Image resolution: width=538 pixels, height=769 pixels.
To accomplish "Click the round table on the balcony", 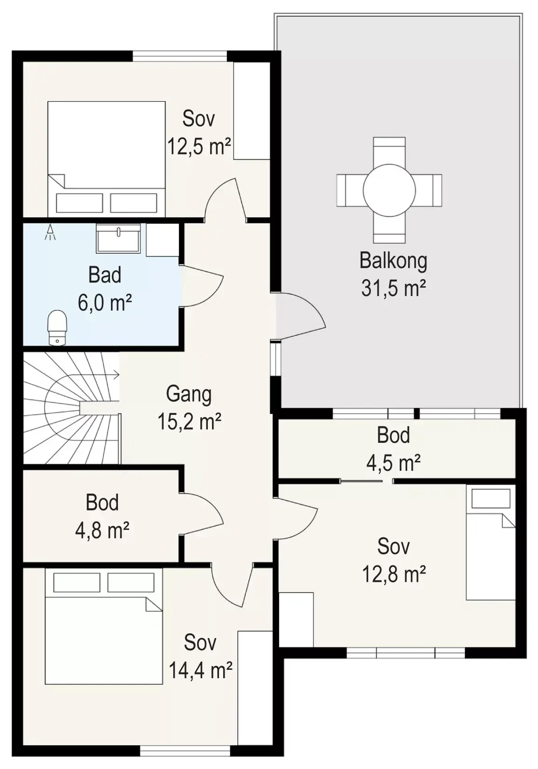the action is [389, 190].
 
